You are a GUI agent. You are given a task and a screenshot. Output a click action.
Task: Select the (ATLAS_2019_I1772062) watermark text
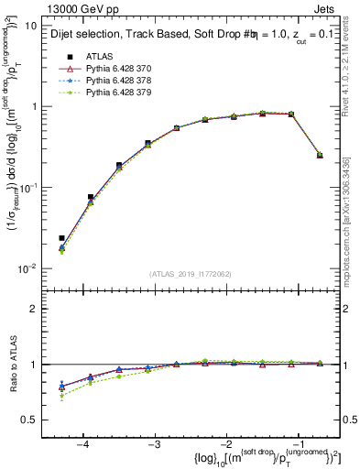pos(189,274)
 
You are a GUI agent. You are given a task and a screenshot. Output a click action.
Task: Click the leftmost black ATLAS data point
pos(61,238)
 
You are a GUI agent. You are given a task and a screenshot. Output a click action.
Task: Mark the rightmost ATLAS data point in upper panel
pos(320,155)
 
